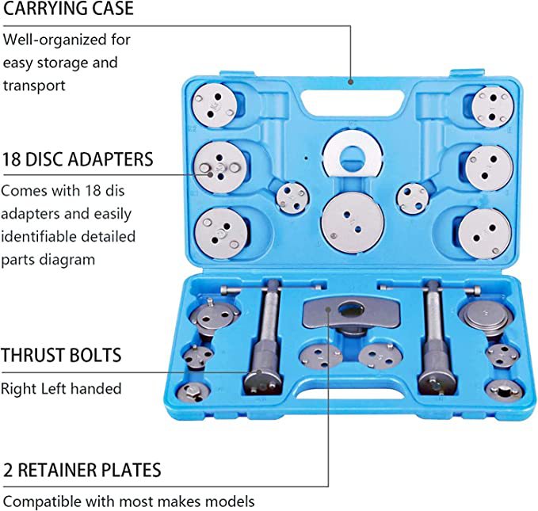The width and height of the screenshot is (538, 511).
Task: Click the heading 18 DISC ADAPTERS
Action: click(78, 158)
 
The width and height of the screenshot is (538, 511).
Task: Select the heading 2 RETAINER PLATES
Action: click(82, 469)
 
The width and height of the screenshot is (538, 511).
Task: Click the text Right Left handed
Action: click(61, 388)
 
